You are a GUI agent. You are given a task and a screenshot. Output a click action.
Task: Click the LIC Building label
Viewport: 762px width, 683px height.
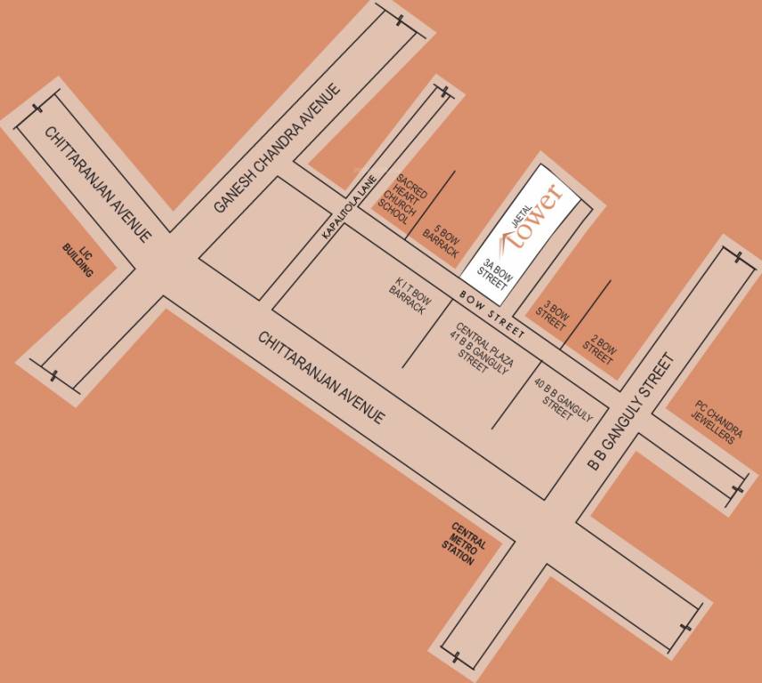click(79, 260)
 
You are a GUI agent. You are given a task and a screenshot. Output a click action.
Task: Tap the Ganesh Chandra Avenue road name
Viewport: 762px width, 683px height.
click(278, 148)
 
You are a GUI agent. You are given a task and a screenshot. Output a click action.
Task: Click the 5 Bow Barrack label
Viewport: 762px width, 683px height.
click(440, 237)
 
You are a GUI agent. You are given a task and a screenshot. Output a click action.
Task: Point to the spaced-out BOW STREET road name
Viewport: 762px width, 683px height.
click(491, 313)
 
